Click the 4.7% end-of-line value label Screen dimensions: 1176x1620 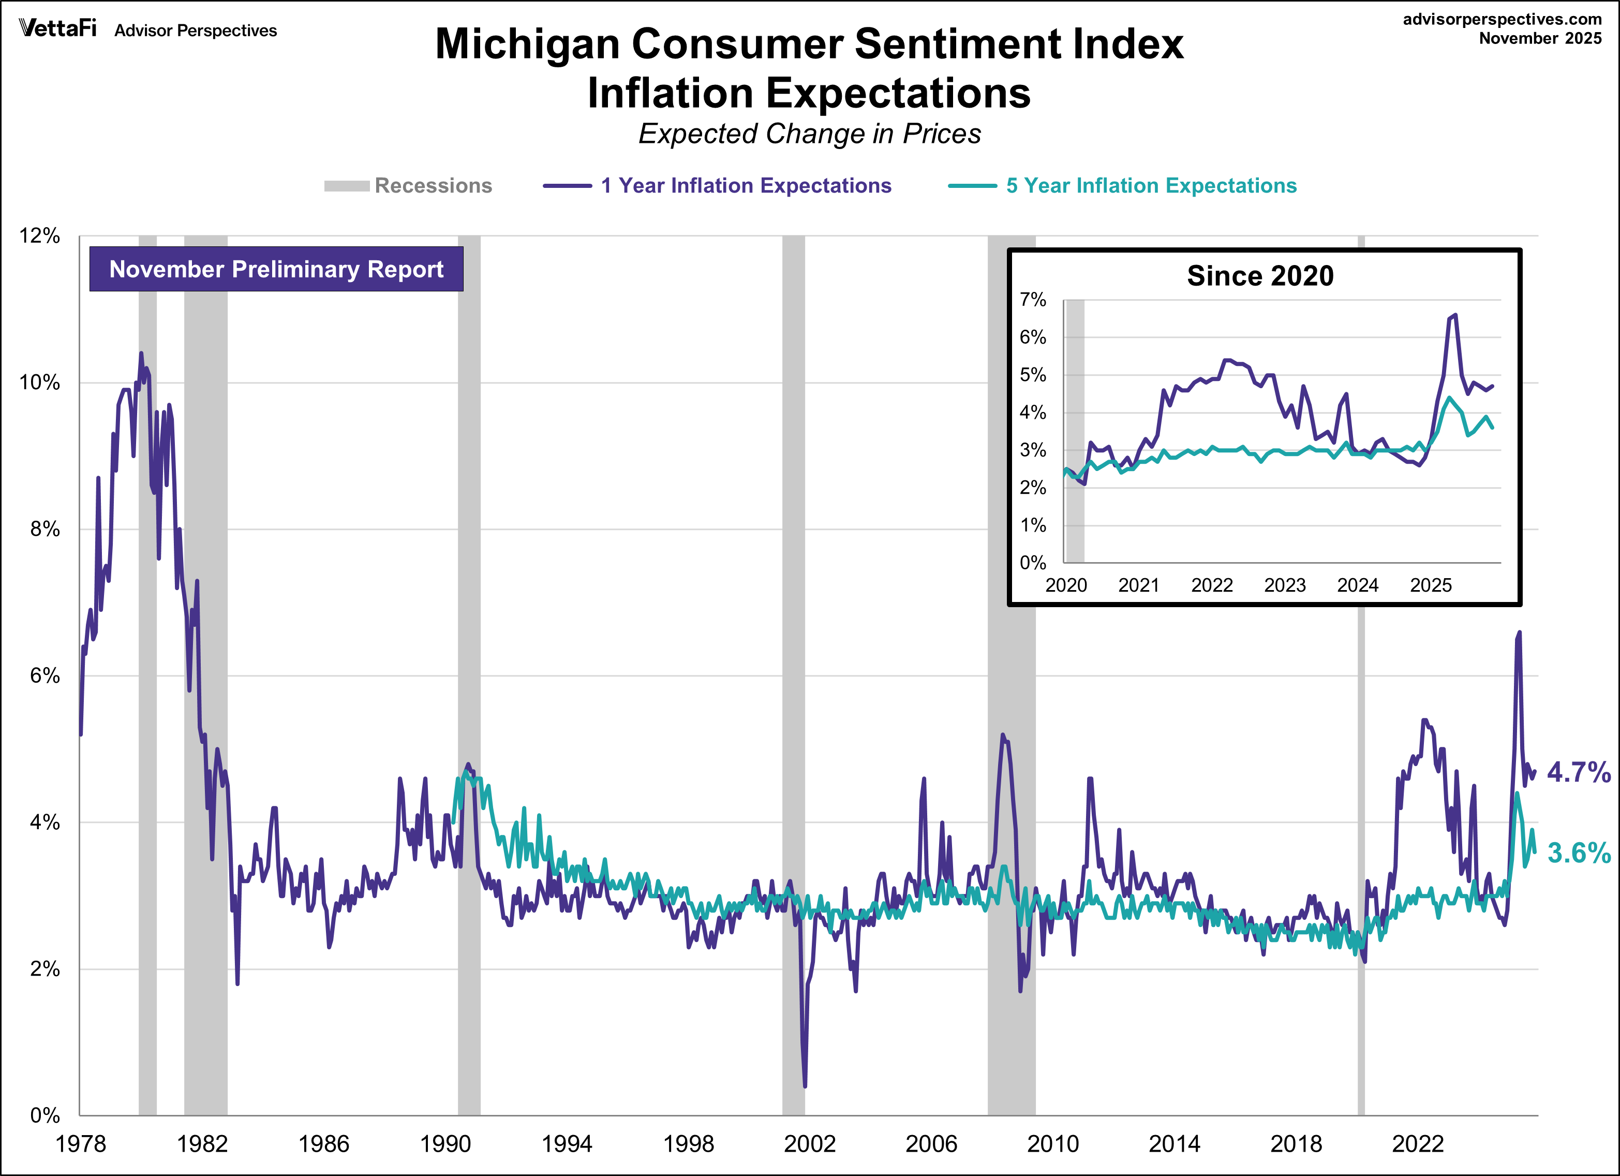tap(1579, 772)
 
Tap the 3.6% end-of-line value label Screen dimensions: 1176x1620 tap(1579, 853)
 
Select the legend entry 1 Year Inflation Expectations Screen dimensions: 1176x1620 tap(746, 186)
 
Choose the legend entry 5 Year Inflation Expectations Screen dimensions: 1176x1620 tap(1151, 186)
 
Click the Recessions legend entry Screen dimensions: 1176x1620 tap(433, 186)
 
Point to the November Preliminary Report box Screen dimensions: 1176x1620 tap(276, 269)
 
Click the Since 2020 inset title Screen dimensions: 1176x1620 tap(1260, 276)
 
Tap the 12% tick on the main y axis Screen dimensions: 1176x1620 tap(40, 236)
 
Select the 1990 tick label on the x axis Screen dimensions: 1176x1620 tap(445, 1144)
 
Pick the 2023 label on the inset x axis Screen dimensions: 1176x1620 tap(1284, 585)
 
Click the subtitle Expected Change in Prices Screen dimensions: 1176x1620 tap(809, 134)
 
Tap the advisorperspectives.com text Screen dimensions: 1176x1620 tap(1502, 19)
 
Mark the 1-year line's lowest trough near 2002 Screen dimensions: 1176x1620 tap(805, 1086)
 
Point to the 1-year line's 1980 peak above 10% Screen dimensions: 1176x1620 tap(141, 353)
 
